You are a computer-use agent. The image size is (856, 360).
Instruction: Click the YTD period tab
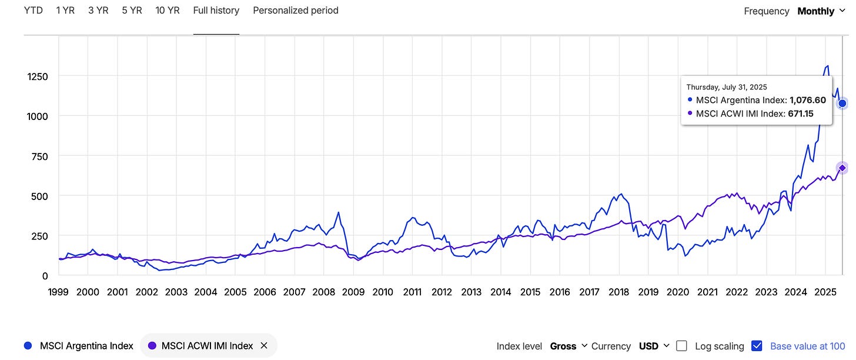tap(33, 11)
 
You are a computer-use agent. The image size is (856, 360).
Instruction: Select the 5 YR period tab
tap(132, 11)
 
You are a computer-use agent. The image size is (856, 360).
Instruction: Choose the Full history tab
tap(216, 11)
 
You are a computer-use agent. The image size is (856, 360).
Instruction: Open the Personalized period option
tap(295, 11)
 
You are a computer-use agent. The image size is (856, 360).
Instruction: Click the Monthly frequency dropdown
tap(821, 11)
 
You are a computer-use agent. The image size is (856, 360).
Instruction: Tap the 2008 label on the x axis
tap(324, 292)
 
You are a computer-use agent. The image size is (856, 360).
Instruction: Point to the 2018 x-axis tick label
tap(618, 292)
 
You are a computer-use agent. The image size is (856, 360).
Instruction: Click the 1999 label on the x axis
tap(58, 292)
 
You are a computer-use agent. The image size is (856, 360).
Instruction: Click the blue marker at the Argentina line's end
tap(842, 104)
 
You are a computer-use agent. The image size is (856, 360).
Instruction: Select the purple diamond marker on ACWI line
tap(842, 168)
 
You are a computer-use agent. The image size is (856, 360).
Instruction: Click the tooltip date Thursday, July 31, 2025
tap(727, 87)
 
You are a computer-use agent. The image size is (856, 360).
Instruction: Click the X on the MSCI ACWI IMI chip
tap(264, 346)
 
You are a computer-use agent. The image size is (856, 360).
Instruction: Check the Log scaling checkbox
tap(681, 346)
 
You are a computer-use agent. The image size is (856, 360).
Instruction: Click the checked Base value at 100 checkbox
tap(757, 346)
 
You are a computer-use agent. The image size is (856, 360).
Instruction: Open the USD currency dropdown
tap(654, 346)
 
